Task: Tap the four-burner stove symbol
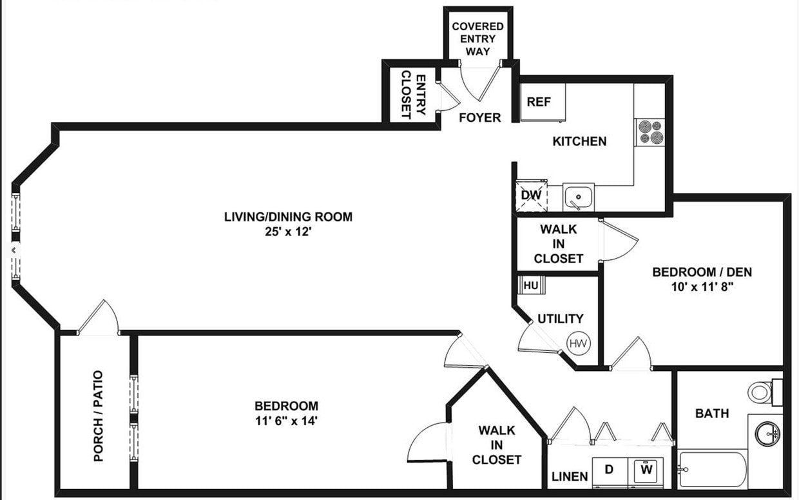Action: point(650,132)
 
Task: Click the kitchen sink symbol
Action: point(579,196)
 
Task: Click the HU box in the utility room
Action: point(531,285)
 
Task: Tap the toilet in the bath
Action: point(762,391)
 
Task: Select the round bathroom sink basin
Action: point(768,433)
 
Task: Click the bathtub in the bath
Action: point(712,470)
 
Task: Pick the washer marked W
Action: point(647,471)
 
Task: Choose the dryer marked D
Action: point(609,471)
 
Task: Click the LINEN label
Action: point(570,477)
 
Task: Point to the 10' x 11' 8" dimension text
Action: point(702,287)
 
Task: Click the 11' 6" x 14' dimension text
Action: point(286,421)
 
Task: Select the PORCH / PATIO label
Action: point(98,415)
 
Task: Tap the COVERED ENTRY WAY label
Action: point(477,39)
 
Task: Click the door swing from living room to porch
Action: point(100,318)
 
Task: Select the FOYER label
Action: point(479,117)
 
